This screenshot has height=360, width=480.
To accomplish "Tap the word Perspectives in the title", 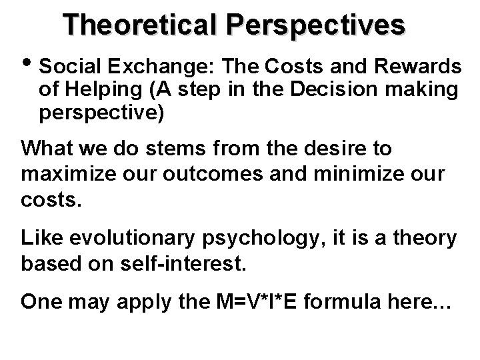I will (x=316, y=25).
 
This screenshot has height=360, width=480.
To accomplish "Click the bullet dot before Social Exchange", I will (x=29, y=66).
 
